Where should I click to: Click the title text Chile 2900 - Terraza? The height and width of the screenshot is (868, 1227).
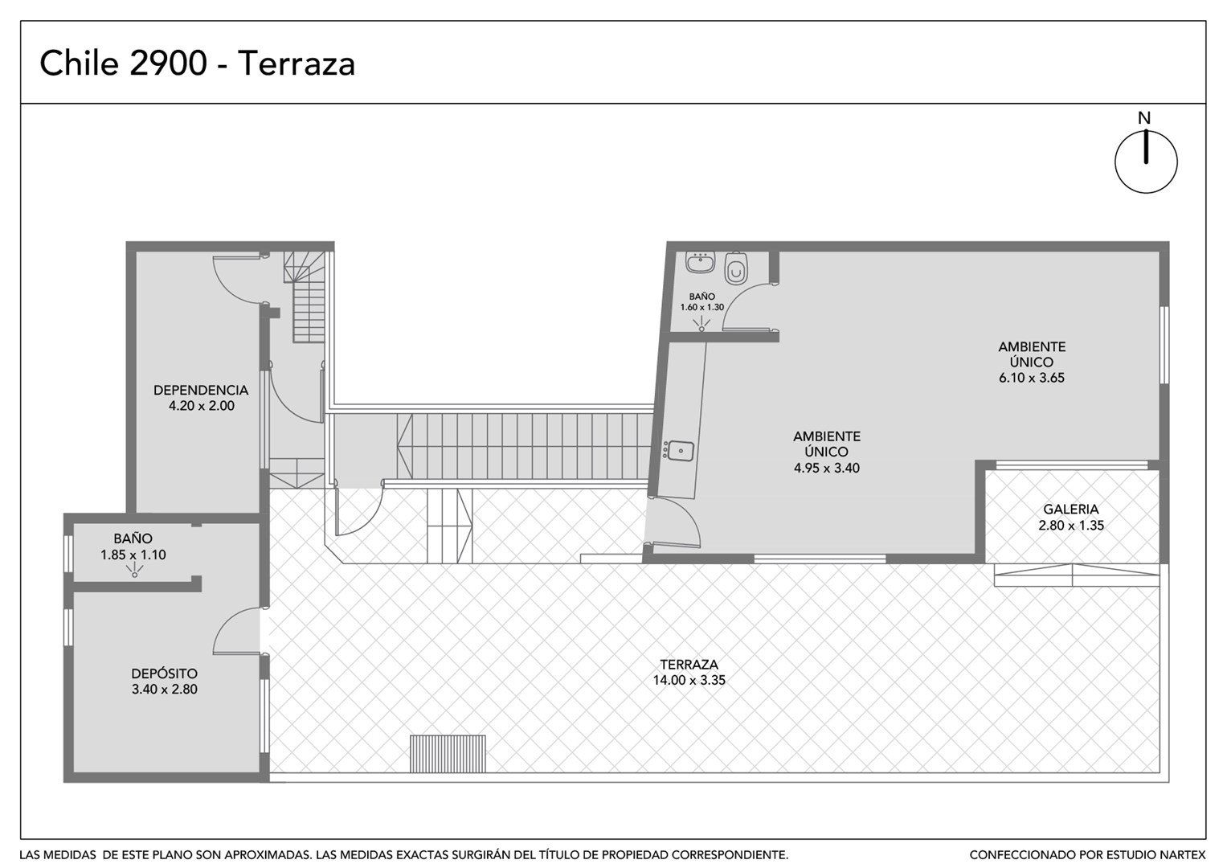(197, 63)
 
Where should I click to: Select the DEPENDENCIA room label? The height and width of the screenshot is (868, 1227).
(201, 390)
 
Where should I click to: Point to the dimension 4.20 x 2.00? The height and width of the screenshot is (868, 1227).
(202, 406)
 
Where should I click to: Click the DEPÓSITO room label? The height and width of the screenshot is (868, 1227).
(165, 673)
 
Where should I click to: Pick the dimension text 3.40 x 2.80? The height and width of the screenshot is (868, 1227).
(165, 690)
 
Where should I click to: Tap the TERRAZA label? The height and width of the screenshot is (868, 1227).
(689, 664)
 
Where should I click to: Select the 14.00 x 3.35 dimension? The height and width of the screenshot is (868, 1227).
(689, 680)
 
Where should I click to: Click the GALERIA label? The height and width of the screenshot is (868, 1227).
(1071, 509)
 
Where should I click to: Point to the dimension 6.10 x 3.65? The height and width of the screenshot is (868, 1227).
(1032, 378)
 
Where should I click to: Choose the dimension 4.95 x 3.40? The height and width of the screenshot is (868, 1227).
(827, 468)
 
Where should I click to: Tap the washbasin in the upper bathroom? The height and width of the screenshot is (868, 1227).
(701, 262)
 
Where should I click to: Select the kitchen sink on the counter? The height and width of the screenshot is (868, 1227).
(679, 450)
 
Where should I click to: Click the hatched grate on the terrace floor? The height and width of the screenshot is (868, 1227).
(448, 754)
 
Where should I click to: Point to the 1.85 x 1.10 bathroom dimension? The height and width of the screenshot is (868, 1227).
(133, 555)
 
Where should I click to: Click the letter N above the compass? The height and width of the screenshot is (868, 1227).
(1144, 118)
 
